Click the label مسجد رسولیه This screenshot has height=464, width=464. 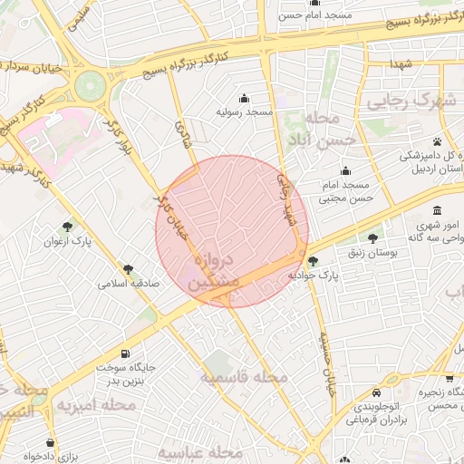[x=245, y=113]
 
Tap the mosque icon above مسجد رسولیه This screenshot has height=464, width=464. [x=244, y=98]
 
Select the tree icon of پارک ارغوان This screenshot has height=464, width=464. [x=69, y=227]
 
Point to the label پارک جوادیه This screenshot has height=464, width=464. [x=313, y=274]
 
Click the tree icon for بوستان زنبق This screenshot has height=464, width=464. [x=372, y=238]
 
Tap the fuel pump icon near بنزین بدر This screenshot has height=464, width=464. [x=123, y=354]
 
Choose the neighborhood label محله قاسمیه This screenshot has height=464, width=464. [x=245, y=375]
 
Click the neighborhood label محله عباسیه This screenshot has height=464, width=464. [x=201, y=451]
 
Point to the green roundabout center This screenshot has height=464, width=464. [x=90, y=86]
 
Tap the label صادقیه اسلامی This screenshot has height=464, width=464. [x=129, y=284]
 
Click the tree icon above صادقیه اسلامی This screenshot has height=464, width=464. [x=129, y=269]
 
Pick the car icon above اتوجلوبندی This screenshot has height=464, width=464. [x=376, y=392]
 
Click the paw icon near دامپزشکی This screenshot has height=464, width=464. [x=438, y=141]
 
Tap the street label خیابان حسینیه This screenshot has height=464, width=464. [x=324, y=362]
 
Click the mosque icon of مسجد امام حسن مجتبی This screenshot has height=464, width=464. [x=345, y=170]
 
